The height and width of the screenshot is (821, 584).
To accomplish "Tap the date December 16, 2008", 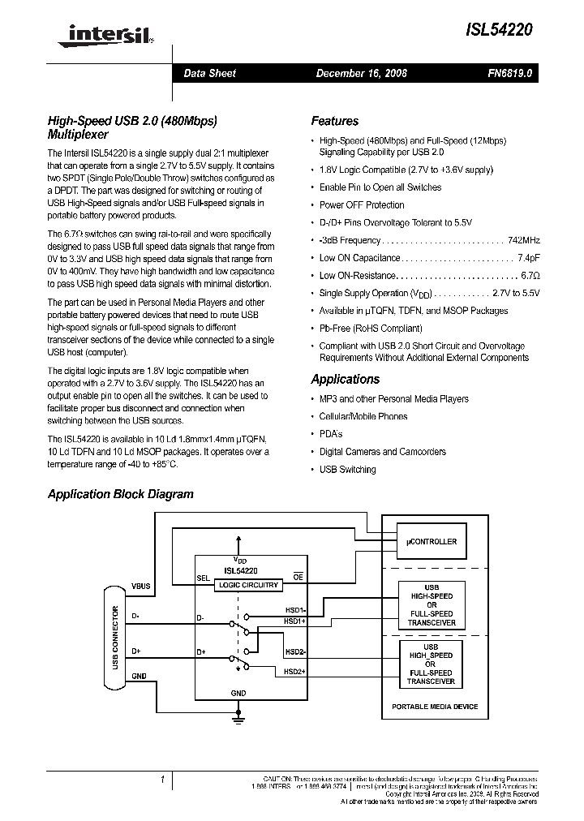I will [x=361, y=73].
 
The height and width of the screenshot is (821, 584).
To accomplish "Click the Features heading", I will [x=334, y=121].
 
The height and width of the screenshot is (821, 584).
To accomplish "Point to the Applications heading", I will [x=345, y=379].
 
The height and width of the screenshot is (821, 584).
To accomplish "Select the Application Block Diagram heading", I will [x=120, y=493].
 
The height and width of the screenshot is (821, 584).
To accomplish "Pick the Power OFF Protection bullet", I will [x=362, y=205].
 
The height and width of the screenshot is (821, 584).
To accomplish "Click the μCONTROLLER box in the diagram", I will [x=430, y=541].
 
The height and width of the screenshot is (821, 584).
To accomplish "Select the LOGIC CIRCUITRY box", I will [x=248, y=584].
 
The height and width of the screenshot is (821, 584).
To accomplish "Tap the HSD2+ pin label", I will [x=294, y=671].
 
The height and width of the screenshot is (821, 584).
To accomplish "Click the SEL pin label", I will [x=204, y=578].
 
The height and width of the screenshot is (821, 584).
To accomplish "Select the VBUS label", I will [x=141, y=586].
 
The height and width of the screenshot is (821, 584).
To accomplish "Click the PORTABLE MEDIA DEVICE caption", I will [x=435, y=707].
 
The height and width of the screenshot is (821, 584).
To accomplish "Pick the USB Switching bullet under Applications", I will [x=347, y=470].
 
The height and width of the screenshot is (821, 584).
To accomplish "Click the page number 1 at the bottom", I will [x=163, y=780].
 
